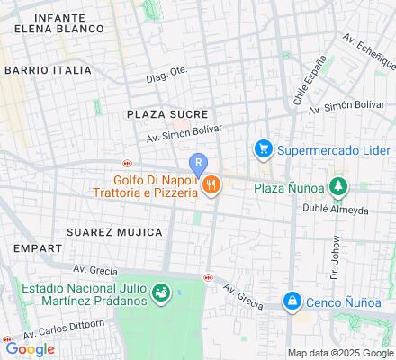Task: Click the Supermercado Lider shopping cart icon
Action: coord(264,148)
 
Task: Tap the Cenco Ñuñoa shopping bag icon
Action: coord(291,301)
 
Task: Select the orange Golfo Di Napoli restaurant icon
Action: coord(211,185)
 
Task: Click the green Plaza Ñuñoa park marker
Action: coord(337,187)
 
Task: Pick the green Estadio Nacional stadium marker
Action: coord(160,292)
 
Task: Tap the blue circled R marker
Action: coord(198,164)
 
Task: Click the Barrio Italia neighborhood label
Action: coord(48,69)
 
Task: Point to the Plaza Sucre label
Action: coord(167,114)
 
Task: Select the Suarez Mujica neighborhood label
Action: coord(114,231)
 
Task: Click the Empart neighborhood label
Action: coord(31,246)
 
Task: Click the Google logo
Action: coord(30,349)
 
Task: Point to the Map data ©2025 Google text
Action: coord(340,352)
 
